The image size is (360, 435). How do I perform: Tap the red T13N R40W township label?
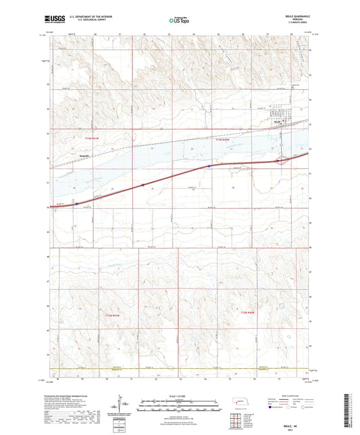223,140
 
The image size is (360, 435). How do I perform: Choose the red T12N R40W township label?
250,313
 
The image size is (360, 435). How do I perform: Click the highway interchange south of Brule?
281,160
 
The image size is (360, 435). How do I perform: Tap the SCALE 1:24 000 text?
179,395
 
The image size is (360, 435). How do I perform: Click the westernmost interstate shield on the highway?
77,202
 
